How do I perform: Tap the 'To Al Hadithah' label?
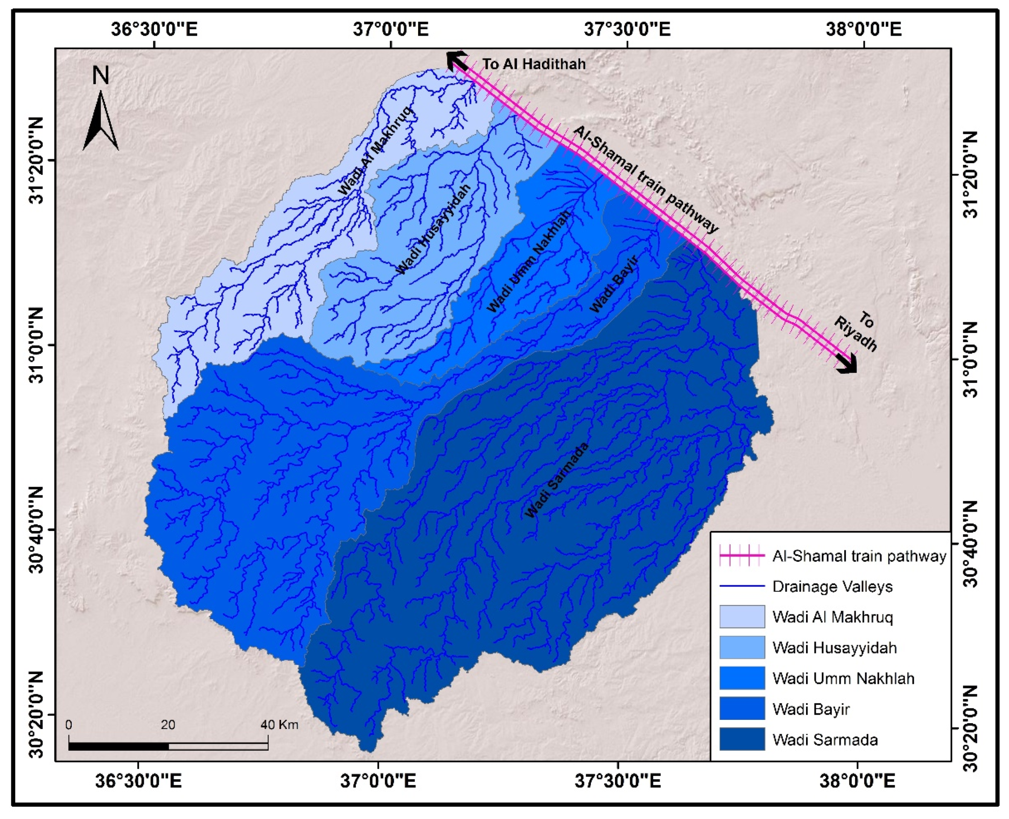coord(534,64)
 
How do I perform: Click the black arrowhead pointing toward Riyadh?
coord(847,364)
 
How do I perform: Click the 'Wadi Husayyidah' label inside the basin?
coord(433,229)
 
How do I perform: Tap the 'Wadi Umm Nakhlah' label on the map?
coord(529,261)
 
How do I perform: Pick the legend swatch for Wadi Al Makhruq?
coord(742,616)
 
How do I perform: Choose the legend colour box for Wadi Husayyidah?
coord(742,647)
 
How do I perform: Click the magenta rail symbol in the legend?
coord(742,556)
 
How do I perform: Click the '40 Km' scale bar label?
coord(279,725)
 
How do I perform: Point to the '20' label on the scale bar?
coord(168,725)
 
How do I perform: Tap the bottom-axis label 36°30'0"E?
coord(138,781)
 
